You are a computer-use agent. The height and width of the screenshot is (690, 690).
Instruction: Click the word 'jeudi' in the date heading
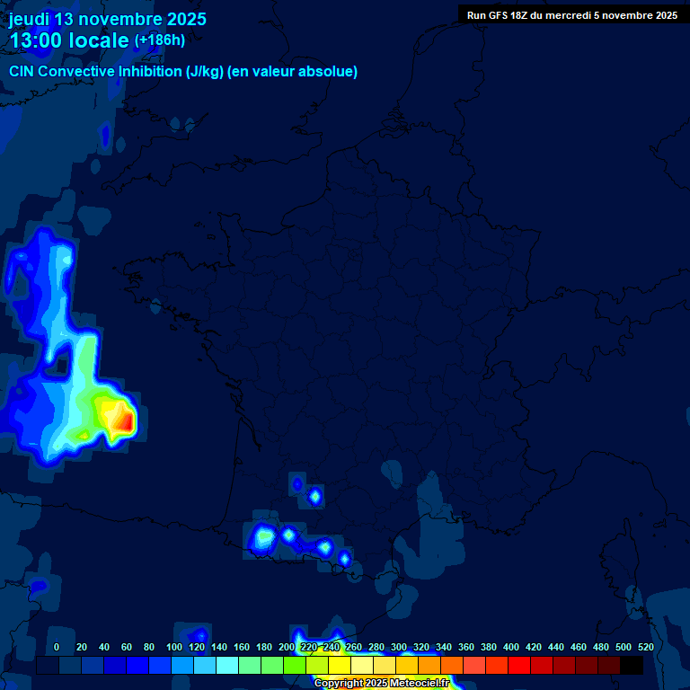[30, 19]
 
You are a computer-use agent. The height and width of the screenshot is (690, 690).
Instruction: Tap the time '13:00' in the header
[37, 41]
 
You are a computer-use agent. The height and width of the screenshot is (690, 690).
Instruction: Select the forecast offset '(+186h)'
[159, 40]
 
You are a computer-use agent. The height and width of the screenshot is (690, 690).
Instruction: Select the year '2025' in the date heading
[181, 19]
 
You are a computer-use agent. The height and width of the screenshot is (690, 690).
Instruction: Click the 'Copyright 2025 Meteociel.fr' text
[381, 683]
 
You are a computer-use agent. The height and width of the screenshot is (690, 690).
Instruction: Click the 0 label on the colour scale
[57, 647]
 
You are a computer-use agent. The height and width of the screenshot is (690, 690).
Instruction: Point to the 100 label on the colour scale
[174, 647]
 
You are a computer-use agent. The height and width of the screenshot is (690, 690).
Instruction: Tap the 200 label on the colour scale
[287, 647]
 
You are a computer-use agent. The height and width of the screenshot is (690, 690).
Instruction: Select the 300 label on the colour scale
[399, 647]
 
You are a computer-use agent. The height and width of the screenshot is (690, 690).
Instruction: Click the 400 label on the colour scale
[511, 647]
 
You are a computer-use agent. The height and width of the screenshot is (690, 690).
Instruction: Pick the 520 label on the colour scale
[645, 647]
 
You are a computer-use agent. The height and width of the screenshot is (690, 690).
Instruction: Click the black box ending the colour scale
[632, 666]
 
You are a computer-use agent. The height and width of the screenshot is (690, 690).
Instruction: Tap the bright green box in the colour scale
[295, 666]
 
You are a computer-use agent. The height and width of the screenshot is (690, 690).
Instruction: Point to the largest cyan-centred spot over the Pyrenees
[263, 537]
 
